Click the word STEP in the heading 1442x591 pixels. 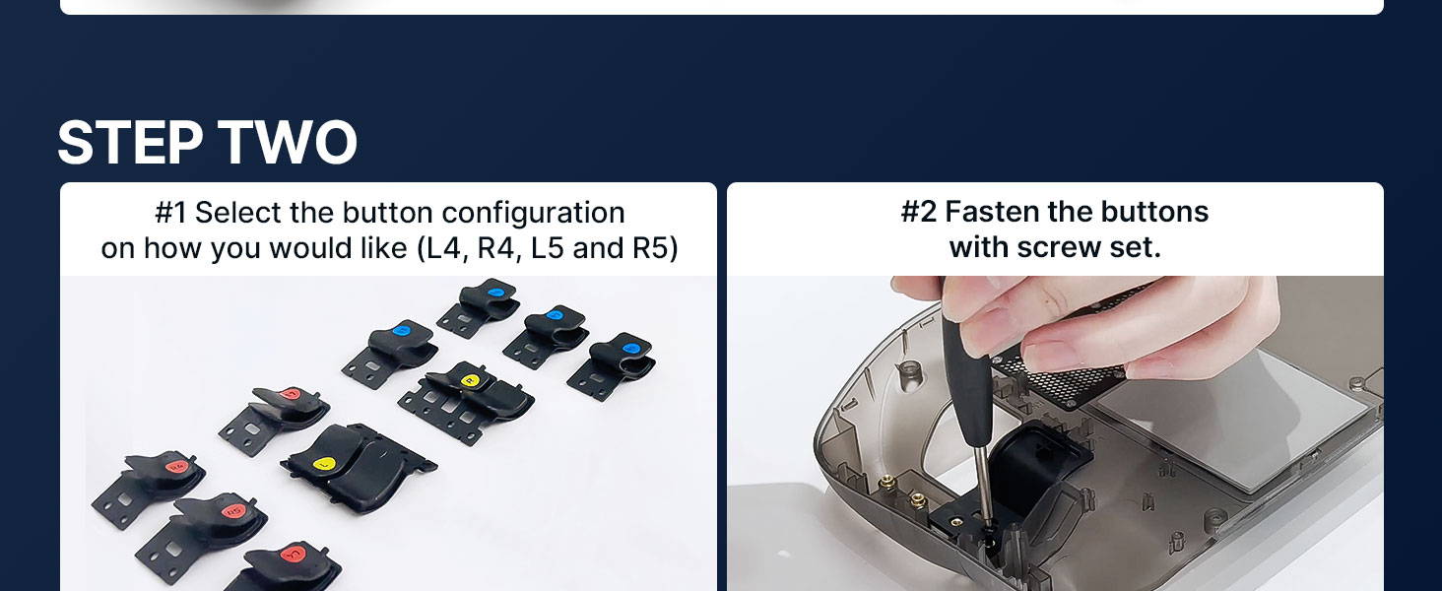pos(130,142)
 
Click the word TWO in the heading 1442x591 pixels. pos(287,142)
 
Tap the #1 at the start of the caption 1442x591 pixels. pos(170,213)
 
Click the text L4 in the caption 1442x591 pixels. pos(442,248)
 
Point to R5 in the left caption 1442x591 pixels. pos(652,248)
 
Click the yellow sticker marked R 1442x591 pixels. pos(471,380)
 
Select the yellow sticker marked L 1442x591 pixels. pos(324,463)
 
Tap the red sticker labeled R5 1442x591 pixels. pos(233,512)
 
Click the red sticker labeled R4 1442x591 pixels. pos(176,465)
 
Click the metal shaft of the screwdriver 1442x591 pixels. pos(982,482)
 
